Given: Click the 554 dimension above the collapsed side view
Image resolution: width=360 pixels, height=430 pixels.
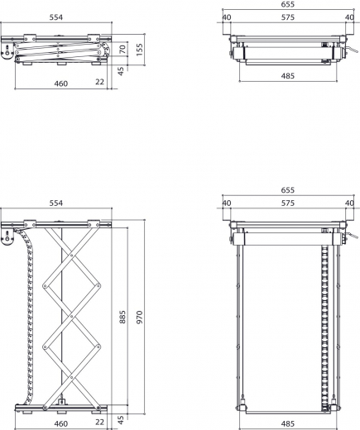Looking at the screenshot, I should tap(56, 18).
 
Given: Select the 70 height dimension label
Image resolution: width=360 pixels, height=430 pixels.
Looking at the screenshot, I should tap(123, 50).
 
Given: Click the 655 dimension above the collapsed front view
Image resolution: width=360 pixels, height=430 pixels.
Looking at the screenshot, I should tap(287, 4).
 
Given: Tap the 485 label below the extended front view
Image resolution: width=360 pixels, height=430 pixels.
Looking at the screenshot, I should tap(287, 425).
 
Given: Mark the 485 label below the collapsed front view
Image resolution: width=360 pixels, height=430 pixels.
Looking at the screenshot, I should tap(287, 76).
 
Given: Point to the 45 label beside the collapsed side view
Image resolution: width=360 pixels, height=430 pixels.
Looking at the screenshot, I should tap(122, 70).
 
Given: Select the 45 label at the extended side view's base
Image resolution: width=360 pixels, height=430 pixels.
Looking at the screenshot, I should tap(122, 419).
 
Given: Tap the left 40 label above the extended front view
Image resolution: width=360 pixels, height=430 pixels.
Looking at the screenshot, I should tap(227, 203).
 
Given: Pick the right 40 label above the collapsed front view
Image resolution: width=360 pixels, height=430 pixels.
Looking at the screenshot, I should tap(348, 17).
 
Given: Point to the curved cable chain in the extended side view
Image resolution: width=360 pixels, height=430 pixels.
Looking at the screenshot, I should tap(31, 314).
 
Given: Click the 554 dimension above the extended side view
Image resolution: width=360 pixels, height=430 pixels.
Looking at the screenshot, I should tap(56, 203).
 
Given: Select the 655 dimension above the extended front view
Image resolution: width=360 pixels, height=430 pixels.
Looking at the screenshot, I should tap(287, 189).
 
